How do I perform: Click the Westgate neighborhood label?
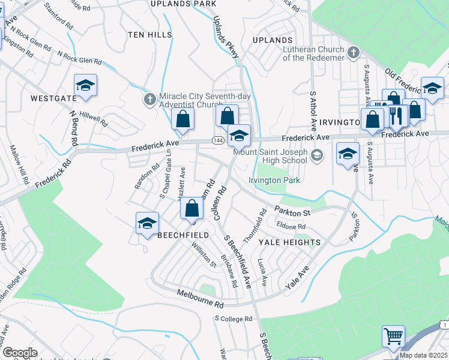coord(53,98)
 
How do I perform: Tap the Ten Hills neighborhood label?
coord(149,35)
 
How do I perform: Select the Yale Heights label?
coord(289,242)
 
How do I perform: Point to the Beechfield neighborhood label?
coord(182,236)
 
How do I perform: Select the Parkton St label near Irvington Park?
coord(292,212)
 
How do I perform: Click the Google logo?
coord(20,353)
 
